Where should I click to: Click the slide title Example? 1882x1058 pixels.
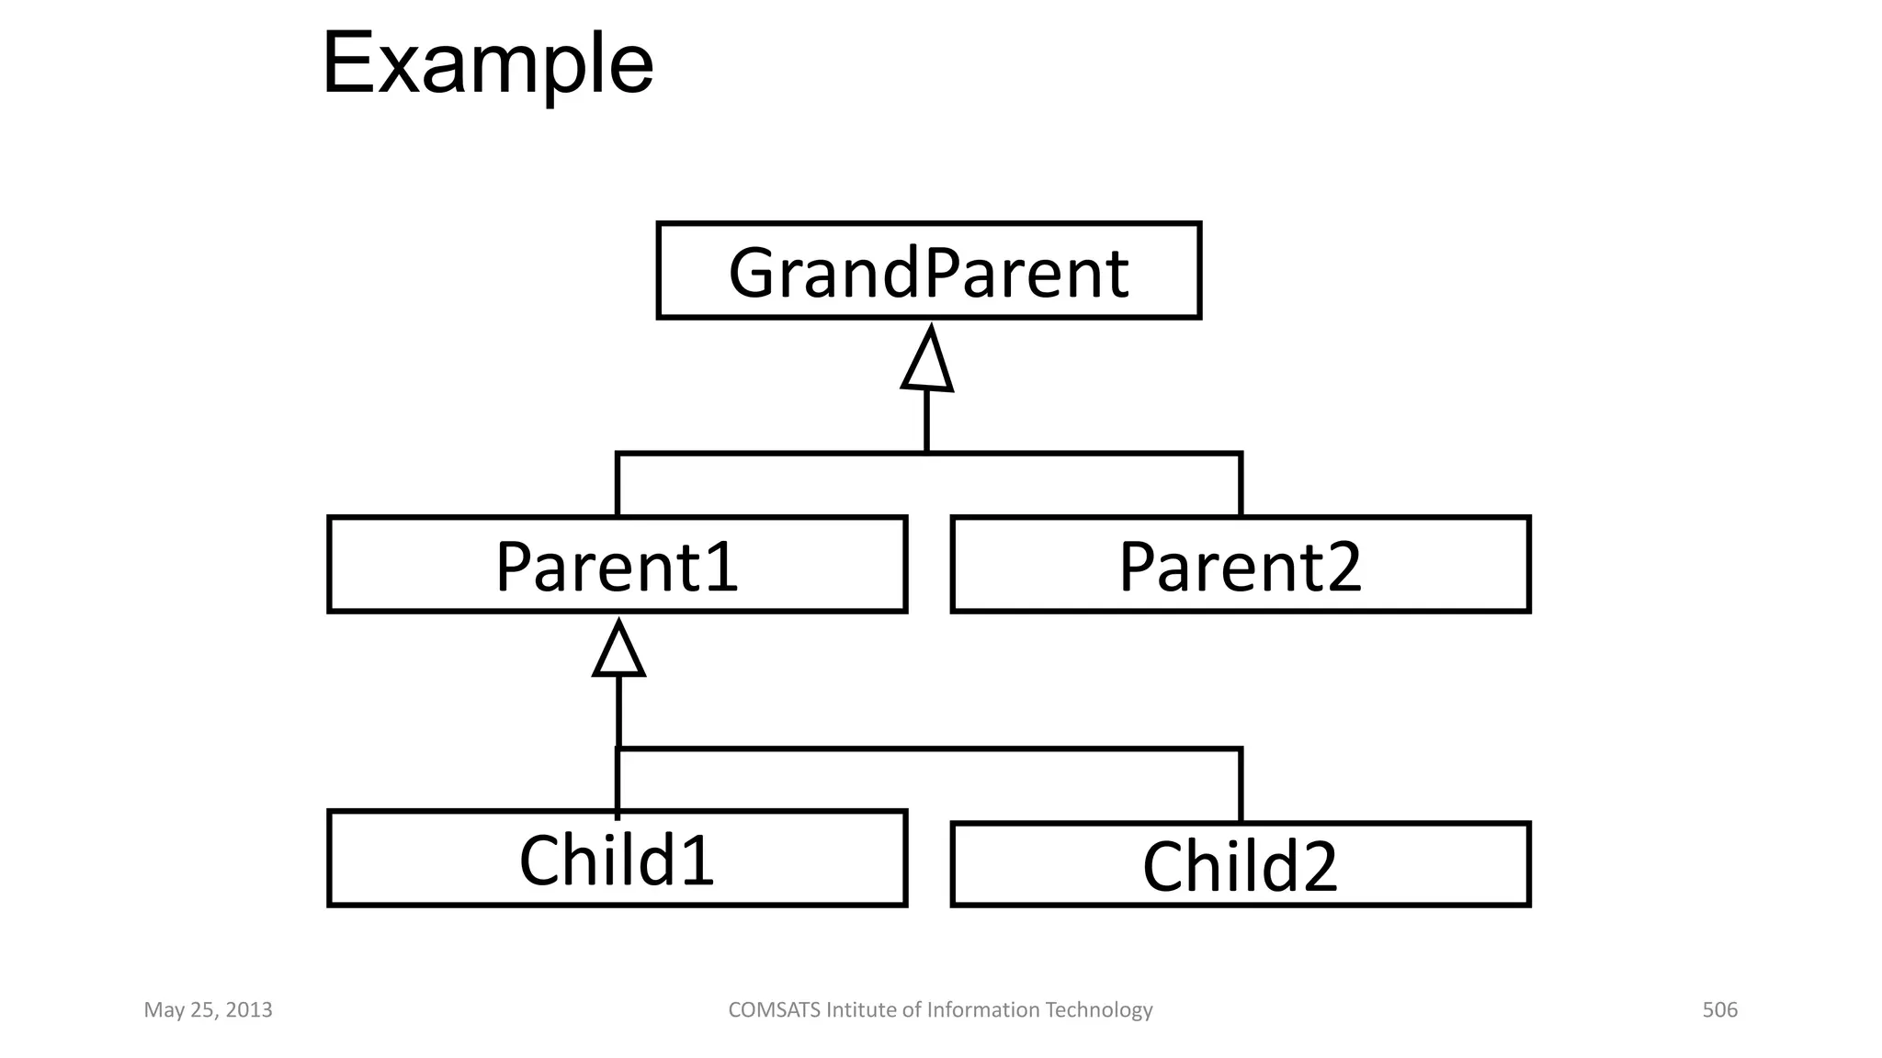487,64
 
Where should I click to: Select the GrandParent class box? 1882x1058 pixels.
928,271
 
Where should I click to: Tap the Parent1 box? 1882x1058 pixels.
617,565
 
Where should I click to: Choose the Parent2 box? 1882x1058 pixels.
1240,565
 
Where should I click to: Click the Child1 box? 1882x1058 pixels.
617,859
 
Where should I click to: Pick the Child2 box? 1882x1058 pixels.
1240,865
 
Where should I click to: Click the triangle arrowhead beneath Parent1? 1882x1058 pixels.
618,651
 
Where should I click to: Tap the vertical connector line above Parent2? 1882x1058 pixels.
1241,485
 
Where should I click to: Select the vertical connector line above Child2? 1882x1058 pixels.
1241,786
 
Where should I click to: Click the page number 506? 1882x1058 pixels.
1719,1010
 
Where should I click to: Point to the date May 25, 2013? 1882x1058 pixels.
208,1010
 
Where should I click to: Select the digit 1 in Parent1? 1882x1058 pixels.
723,567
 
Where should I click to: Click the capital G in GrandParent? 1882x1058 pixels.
753,273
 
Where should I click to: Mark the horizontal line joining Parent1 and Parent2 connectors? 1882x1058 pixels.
1084,454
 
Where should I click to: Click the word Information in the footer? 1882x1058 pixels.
983,1010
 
